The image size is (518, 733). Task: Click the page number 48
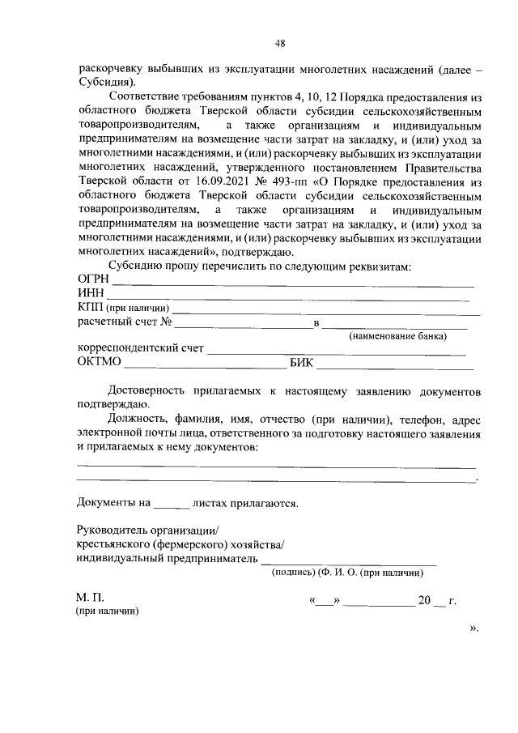(279, 44)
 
